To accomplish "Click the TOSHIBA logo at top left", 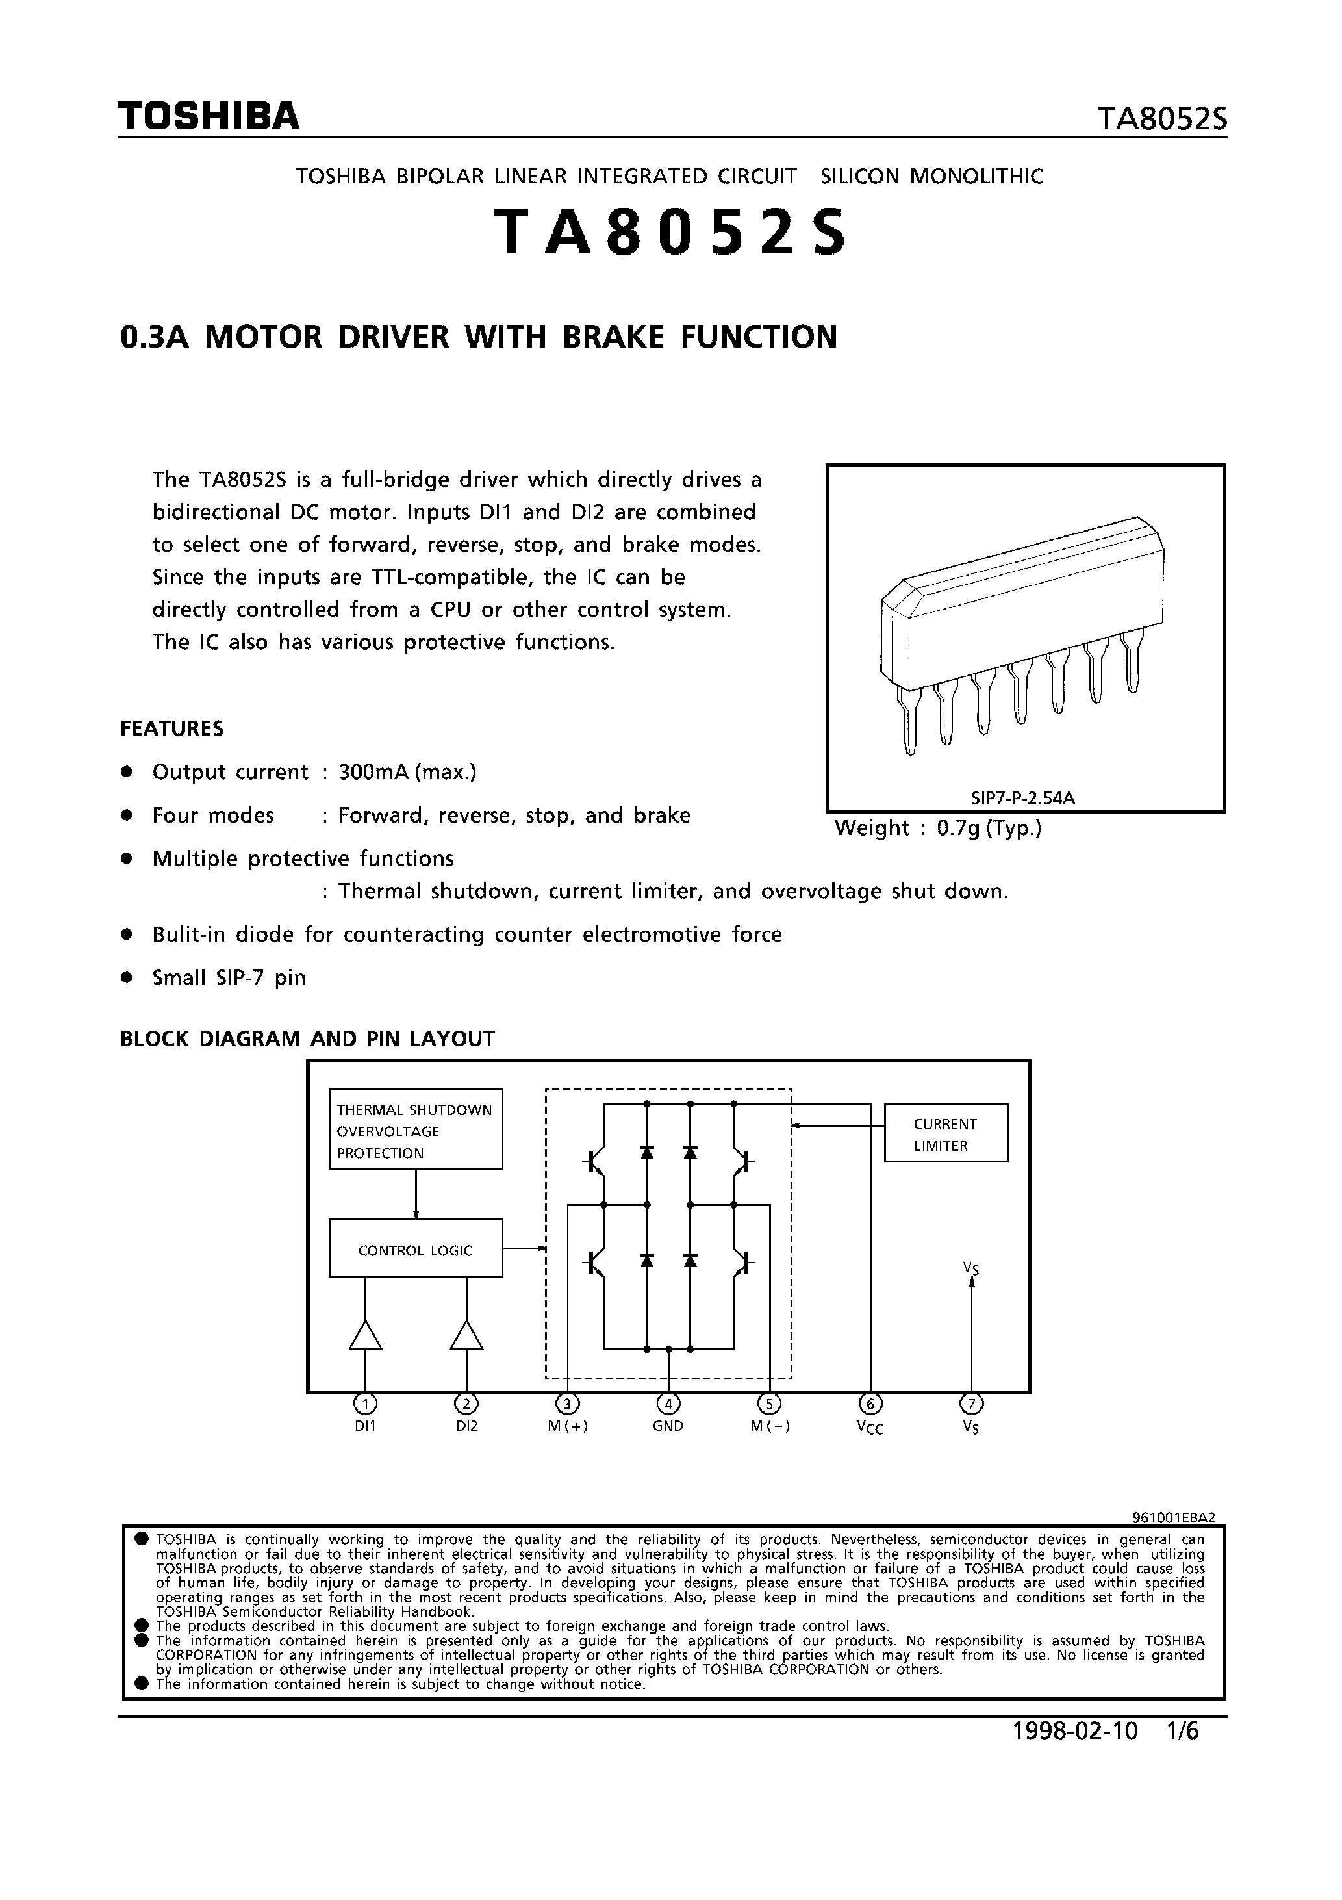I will click(208, 118).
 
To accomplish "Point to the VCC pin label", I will click(870, 1428).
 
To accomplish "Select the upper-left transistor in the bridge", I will click(596, 1162).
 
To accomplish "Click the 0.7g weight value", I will click(958, 828).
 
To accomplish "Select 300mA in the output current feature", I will click(373, 772).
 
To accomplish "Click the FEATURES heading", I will click(172, 728).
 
